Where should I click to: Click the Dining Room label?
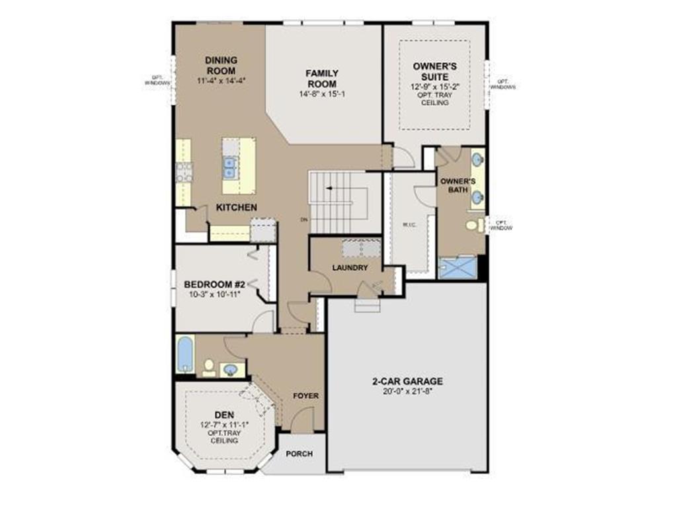221,65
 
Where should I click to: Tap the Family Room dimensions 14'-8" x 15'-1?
322,95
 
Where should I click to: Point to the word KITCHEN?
237,208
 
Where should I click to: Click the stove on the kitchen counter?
183,172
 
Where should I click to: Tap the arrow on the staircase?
329,188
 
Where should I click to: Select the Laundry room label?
350,268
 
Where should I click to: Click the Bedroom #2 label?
215,284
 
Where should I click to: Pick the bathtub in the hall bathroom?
185,355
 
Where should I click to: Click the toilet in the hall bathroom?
209,366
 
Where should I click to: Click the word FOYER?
306,396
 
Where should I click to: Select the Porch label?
299,454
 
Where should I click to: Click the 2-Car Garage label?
407,382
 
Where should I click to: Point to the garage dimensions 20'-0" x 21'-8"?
407,391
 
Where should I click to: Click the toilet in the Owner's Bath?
472,226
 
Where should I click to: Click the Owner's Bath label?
454,185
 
